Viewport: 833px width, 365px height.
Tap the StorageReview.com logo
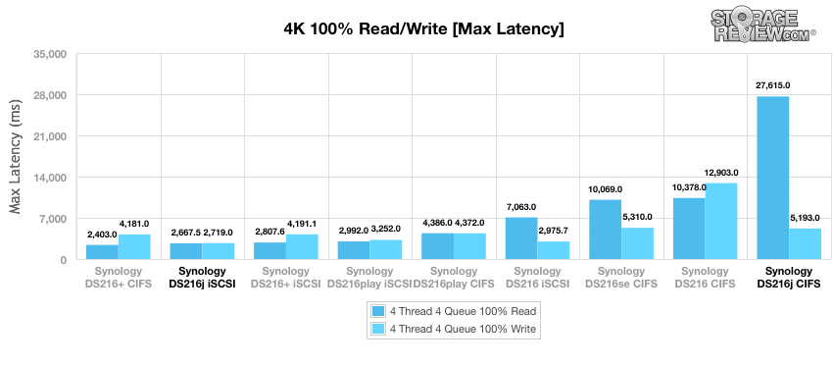click(762, 25)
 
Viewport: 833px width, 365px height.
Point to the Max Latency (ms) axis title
click(16, 158)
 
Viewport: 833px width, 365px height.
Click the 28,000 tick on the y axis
click(50, 95)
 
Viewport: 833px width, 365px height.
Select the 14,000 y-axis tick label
click(50, 178)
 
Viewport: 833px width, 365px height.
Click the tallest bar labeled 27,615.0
click(773, 178)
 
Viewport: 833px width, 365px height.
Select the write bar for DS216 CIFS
click(721, 222)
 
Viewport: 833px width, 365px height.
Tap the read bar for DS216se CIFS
click(605, 230)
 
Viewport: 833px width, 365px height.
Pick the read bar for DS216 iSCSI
click(521, 238)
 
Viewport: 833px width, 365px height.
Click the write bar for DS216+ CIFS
click(134, 247)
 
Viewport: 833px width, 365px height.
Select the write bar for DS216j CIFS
click(805, 244)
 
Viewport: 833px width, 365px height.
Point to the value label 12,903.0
click(721, 173)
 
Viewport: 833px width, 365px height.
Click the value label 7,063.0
click(521, 207)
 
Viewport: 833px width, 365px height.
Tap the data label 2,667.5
click(186, 233)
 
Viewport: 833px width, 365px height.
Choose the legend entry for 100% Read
click(454, 311)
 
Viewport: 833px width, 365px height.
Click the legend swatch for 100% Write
click(377, 330)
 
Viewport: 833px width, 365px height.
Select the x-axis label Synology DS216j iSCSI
click(202, 278)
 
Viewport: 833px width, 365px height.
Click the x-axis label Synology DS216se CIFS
click(621, 278)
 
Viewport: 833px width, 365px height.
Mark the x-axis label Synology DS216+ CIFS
click(118, 278)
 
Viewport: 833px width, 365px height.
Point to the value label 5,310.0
click(637, 217)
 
